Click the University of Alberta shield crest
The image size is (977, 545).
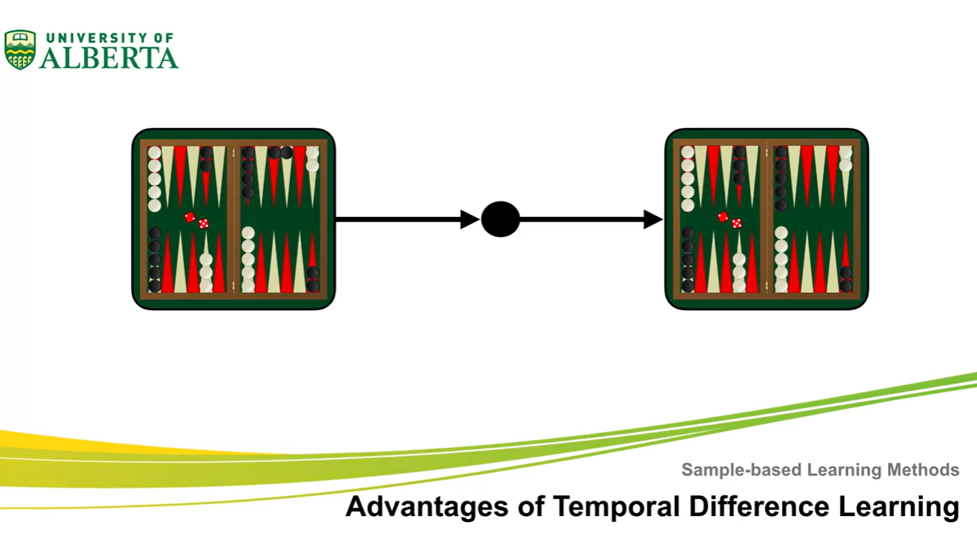tap(20, 50)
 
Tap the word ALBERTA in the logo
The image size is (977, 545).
tap(109, 58)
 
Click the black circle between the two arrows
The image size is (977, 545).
tap(500, 219)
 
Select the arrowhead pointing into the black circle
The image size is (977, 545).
tap(470, 219)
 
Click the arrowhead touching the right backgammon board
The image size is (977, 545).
tap(653, 219)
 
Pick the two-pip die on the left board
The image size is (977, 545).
tap(190, 217)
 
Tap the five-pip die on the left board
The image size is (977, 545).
tap(203, 223)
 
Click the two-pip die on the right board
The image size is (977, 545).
tap(723, 217)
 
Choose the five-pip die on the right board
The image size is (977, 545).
tap(736, 223)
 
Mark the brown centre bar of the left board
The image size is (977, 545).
tap(234, 219)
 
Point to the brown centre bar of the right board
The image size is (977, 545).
tap(767, 219)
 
